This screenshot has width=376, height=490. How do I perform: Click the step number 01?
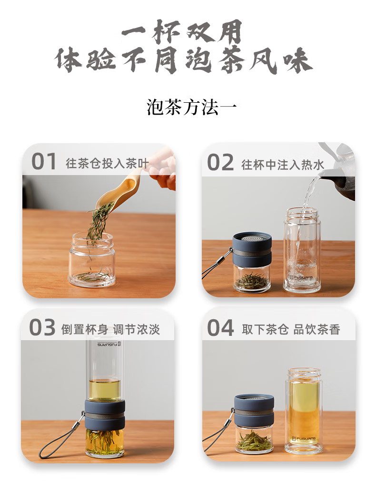(44, 162)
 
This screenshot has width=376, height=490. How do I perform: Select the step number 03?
(42, 328)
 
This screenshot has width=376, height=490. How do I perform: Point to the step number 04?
(220, 328)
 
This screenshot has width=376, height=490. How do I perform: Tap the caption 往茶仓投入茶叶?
(108, 164)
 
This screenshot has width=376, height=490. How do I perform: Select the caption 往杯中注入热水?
(283, 165)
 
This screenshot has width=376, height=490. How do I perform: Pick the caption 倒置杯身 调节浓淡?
(110, 329)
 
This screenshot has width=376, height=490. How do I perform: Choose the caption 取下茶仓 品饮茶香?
(291, 330)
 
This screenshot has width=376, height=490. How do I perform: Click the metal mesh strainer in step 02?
(252, 237)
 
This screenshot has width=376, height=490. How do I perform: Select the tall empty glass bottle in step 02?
(302, 250)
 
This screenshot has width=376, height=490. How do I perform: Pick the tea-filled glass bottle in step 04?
(304, 409)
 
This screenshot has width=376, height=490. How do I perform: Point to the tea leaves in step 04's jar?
(254, 440)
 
